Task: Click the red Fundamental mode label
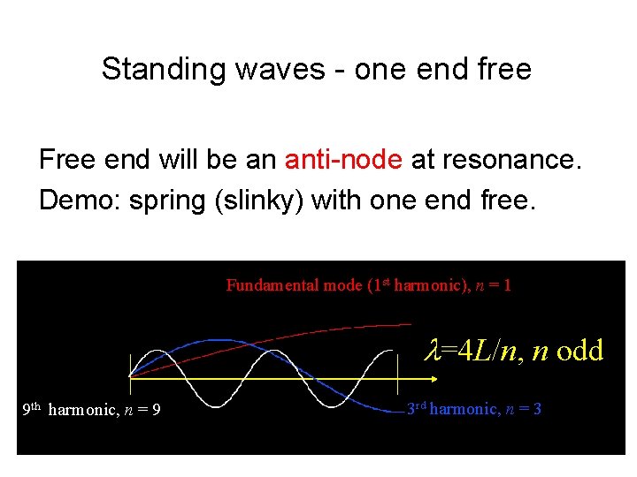pyautogui.click(x=368, y=285)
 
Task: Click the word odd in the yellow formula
pyautogui.click(x=579, y=351)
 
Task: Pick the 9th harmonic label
pyautogui.click(x=90, y=409)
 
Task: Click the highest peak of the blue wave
pyautogui.click(x=217, y=340)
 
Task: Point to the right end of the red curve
pyautogui.click(x=410, y=324)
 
